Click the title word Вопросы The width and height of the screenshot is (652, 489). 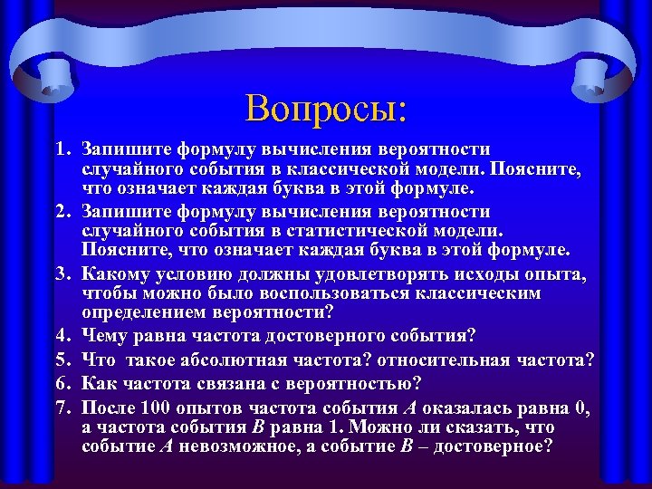click(326, 109)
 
